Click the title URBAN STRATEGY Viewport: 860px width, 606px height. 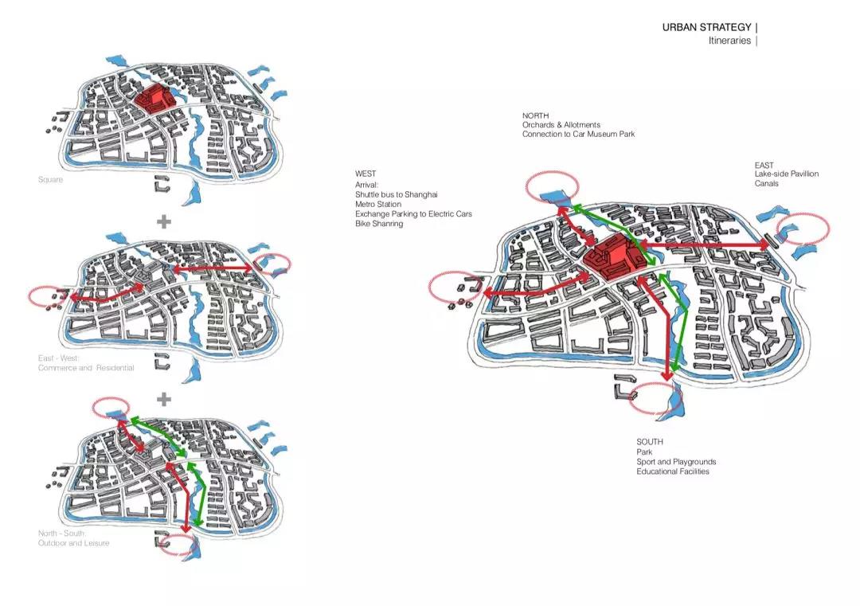click(x=706, y=28)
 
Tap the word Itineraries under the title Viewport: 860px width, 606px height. click(x=729, y=41)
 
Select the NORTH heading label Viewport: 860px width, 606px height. click(x=536, y=116)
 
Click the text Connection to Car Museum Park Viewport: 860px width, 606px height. click(x=578, y=135)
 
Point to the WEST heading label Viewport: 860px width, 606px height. click(x=365, y=174)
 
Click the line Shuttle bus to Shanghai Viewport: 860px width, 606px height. click(x=396, y=194)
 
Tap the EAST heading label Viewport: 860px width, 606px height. click(x=764, y=166)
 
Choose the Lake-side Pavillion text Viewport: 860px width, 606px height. click(x=787, y=174)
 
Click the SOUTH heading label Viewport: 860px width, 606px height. click(x=650, y=442)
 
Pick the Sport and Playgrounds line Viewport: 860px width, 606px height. click(x=676, y=462)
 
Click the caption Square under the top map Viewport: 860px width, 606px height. click(x=50, y=180)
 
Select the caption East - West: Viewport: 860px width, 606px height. click(x=60, y=358)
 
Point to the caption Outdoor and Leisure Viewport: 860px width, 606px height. click(x=74, y=543)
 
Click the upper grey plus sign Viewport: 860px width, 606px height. click(x=164, y=221)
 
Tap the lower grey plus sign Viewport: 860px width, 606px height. click(x=164, y=398)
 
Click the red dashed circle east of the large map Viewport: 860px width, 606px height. click(x=803, y=228)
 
